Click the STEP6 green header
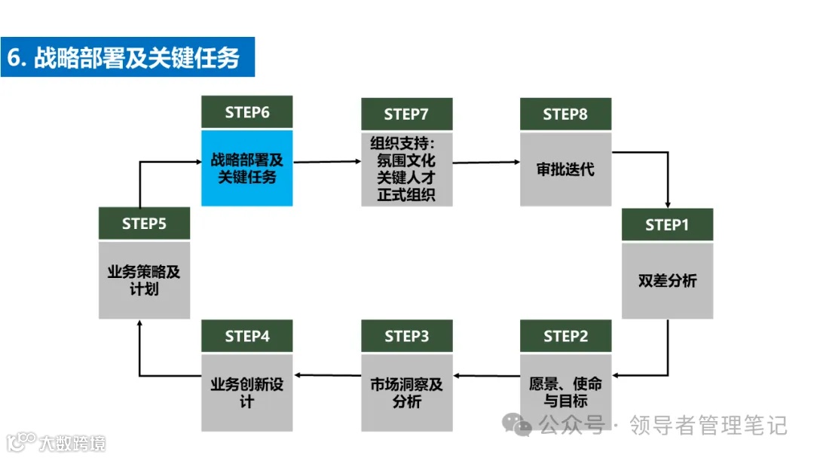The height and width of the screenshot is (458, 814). pos(247,112)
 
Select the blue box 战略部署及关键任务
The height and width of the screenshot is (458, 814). pos(247,168)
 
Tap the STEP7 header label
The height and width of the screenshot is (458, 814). pos(406,114)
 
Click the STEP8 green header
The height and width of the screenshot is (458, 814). pos(565,114)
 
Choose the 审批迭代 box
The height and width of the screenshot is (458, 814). pos(565,169)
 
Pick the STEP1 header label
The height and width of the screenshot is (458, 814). pos(667,224)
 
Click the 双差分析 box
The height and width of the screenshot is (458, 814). pos(667,280)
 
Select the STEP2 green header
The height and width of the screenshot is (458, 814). pos(565,336)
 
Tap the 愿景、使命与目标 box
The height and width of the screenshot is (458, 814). pos(565,392)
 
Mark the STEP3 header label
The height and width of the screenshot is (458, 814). pos(406,336)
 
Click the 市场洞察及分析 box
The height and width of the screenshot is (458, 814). pos(406,392)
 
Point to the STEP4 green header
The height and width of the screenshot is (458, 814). pos(247,336)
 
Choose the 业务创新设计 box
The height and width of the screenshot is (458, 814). pos(247,392)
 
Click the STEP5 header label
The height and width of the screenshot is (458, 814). pos(144,224)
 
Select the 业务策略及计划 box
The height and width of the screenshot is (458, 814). pos(144,280)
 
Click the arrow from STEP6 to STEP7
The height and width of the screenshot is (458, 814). pos(327,161)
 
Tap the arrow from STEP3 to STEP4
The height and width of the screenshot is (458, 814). pos(327,374)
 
